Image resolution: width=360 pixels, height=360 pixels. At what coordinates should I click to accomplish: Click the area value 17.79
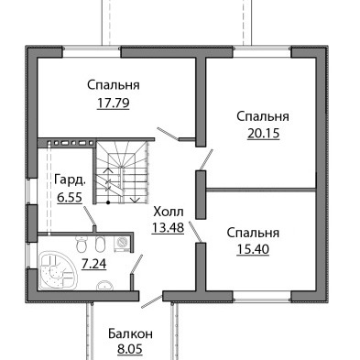tap(114, 104)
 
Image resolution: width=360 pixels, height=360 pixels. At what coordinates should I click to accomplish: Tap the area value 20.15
tap(263, 134)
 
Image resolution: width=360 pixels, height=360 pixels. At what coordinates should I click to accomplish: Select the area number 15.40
tap(253, 249)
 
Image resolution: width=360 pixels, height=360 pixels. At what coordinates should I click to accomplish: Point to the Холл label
tap(169, 211)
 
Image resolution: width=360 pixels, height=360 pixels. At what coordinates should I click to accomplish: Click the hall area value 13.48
tap(168, 227)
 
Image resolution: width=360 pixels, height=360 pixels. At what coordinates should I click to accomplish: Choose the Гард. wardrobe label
tap(70, 180)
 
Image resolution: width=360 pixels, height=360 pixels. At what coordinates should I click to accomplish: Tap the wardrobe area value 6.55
tap(70, 198)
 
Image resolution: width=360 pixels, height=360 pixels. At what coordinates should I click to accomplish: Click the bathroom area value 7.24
tap(94, 264)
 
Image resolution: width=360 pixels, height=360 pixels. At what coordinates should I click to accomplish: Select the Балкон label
tap(130, 334)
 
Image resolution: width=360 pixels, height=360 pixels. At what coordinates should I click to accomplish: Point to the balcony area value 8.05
tap(130, 349)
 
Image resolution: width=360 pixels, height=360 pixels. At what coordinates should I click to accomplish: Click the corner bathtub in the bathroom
tap(57, 270)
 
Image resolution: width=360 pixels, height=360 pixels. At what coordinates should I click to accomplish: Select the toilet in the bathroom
tap(82, 245)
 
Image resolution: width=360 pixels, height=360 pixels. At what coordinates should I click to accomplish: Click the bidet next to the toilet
tap(100, 244)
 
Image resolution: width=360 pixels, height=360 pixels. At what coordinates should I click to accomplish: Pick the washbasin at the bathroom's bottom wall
tap(105, 285)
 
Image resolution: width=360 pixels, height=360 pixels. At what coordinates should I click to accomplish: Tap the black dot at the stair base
tap(108, 202)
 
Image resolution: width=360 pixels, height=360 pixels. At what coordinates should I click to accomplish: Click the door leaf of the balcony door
tap(151, 301)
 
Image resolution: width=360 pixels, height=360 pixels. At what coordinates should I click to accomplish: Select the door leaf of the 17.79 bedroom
tap(168, 134)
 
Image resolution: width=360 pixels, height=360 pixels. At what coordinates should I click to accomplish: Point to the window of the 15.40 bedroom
tap(262, 296)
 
